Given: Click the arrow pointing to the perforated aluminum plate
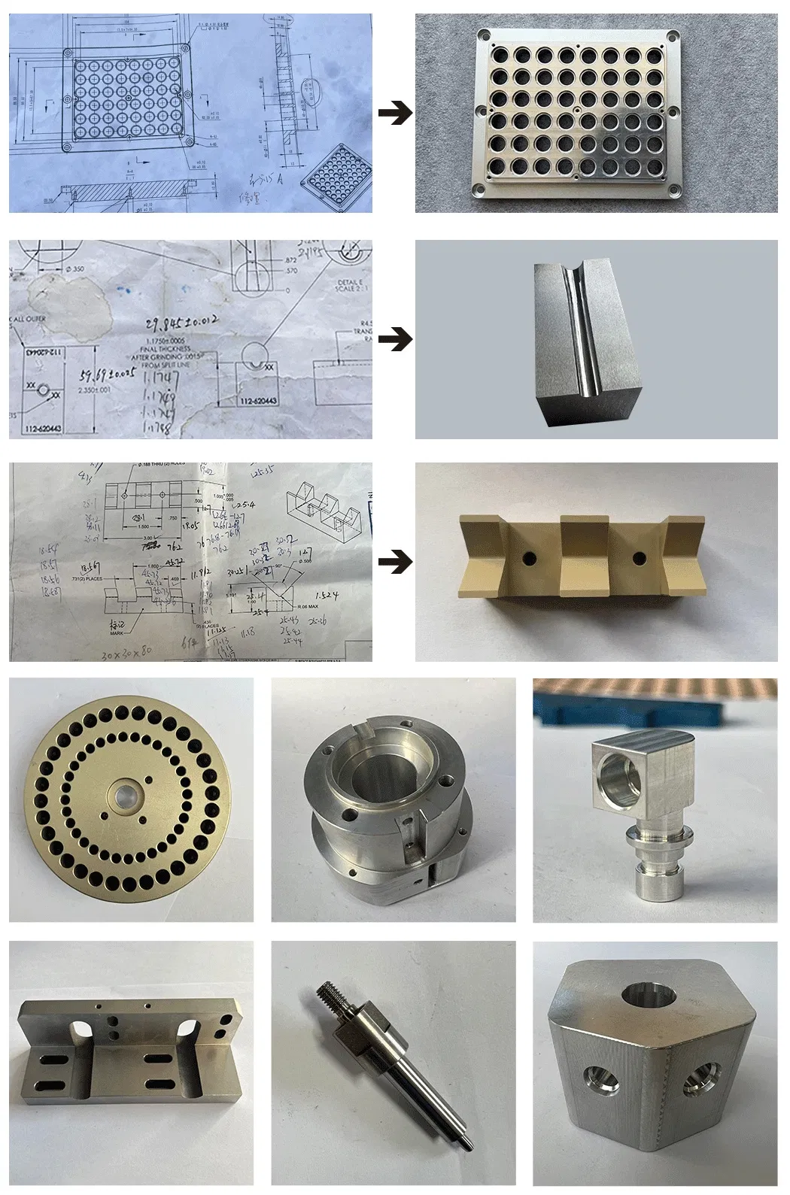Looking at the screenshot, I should coord(394,114).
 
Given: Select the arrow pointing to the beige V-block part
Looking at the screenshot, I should coord(394,561).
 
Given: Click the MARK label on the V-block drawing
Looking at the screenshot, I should coord(116,634).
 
